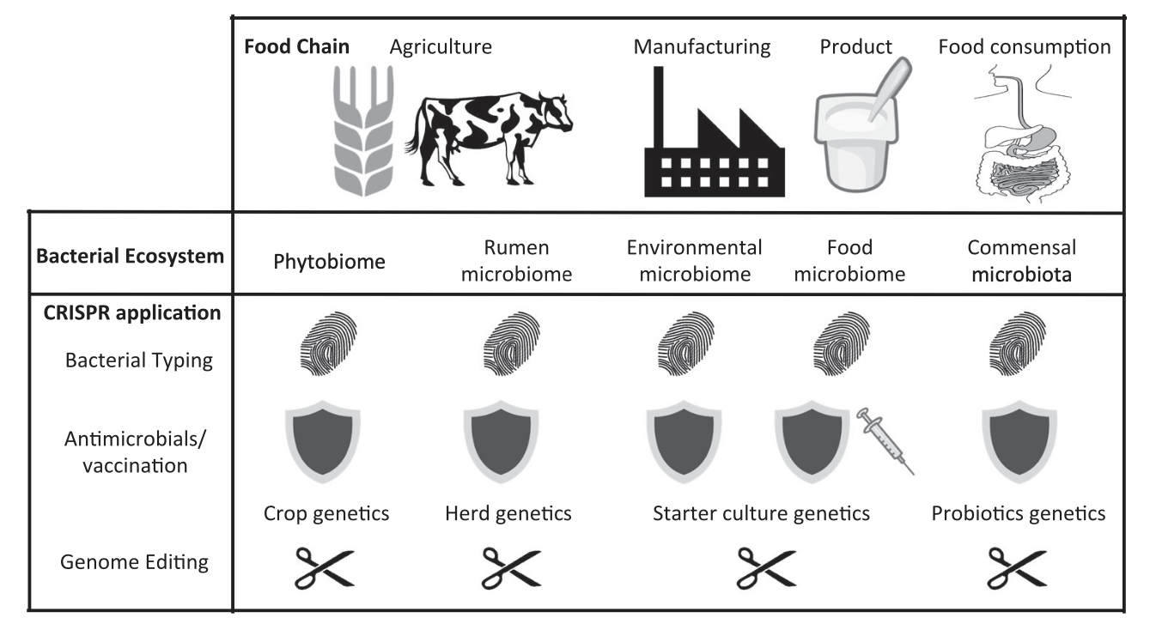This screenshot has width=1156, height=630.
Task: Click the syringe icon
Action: (885, 439)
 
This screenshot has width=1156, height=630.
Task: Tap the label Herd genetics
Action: (508, 514)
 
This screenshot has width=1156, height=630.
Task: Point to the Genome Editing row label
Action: (135, 563)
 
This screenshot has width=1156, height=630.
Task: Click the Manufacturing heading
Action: (702, 46)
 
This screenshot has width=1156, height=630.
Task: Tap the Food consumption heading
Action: (1024, 46)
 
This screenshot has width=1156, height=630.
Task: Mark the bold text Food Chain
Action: (297, 46)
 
